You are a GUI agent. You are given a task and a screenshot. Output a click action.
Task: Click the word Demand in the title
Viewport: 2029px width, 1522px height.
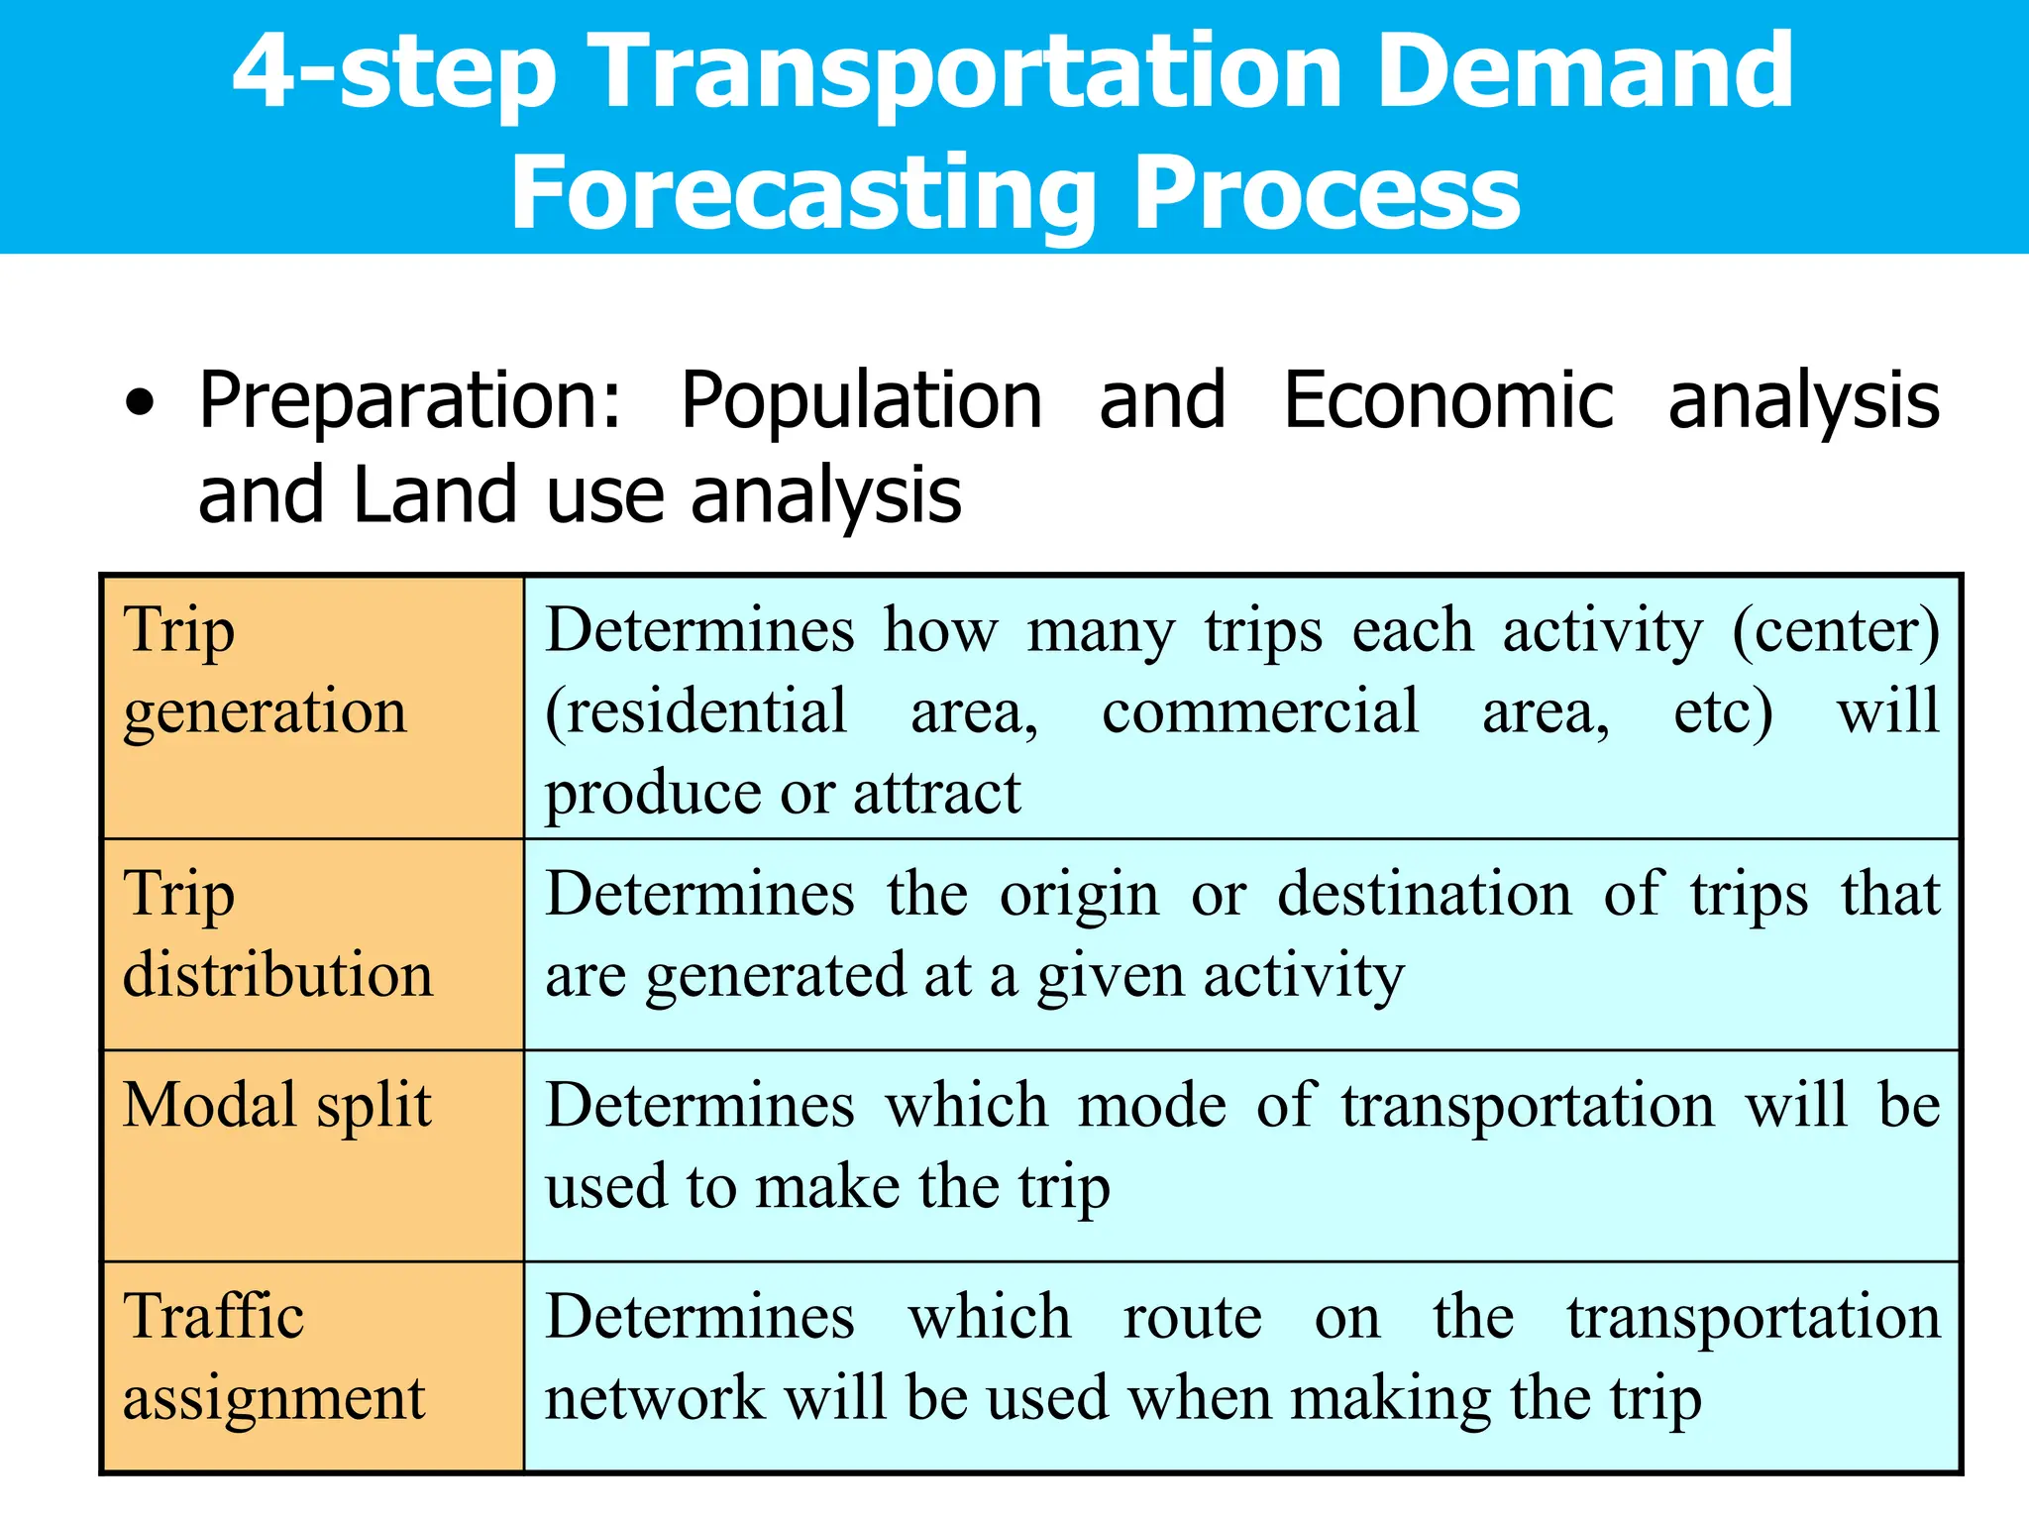[x=1584, y=71]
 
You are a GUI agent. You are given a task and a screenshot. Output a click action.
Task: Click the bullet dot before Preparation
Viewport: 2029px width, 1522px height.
[x=141, y=403]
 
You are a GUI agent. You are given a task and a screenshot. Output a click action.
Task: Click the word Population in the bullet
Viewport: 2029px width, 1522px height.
[x=861, y=401]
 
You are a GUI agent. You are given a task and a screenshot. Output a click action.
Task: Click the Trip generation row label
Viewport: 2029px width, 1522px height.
[x=264, y=671]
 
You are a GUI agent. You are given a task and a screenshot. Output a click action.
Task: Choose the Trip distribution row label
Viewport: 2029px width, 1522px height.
[x=277, y=934]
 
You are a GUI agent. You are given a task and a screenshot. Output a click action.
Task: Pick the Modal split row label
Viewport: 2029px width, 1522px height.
[x=276, y=1106]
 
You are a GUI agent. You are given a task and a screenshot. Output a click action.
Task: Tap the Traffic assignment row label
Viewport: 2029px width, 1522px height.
[x=272, y=1358]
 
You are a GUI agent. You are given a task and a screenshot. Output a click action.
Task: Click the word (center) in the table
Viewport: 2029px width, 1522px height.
[x=1836, y=631]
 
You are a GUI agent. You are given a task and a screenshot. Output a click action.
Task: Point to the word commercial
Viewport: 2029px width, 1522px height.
[x=1260, y=711]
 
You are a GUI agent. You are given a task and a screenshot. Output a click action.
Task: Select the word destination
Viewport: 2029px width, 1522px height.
[x=1424, y=895]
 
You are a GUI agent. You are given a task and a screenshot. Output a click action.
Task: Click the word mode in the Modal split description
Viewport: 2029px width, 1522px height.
[x=1152, y=1106]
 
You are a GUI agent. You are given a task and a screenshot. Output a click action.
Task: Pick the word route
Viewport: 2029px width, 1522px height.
[x=1192, y=1318]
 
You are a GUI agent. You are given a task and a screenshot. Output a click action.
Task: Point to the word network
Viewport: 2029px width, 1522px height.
[x=655, y=1399]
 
